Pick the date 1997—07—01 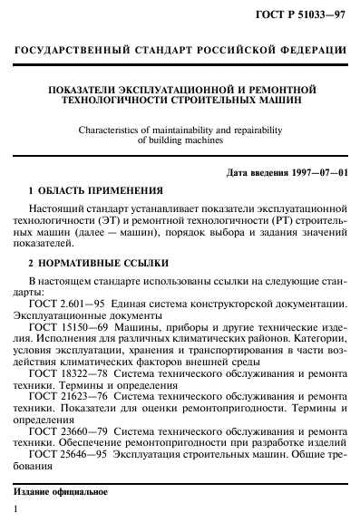314,172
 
